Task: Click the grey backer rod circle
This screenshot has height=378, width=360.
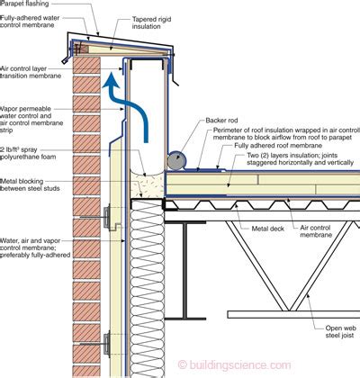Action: click(177, 159)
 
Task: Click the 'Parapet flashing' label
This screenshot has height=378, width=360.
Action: click(24, 4)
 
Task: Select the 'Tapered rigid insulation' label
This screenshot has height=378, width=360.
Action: click(151, 22)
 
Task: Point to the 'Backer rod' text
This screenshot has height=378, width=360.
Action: click(221, 121)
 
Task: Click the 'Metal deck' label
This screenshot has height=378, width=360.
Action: click(267, 229)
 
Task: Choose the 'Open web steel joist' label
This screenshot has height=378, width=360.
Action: click(339, 332)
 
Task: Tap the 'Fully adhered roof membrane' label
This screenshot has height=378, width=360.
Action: click(278, 146)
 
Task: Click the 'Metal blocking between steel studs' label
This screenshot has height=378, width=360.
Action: click(30, 184)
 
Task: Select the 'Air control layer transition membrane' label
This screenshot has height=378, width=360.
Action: click(31, 72)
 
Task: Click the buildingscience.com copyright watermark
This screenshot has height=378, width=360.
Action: click(234, 364)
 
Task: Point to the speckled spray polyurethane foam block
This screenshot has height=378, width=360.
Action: click(148, 183)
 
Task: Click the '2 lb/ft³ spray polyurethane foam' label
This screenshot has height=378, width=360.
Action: click(28, 153)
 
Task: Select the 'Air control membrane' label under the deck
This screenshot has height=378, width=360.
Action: click(316, 231)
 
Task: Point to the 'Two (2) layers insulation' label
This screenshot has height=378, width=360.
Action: click(300, 159)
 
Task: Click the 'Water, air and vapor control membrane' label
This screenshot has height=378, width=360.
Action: click(35, 247)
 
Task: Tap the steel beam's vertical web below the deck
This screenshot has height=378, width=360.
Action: click(184, 270)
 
